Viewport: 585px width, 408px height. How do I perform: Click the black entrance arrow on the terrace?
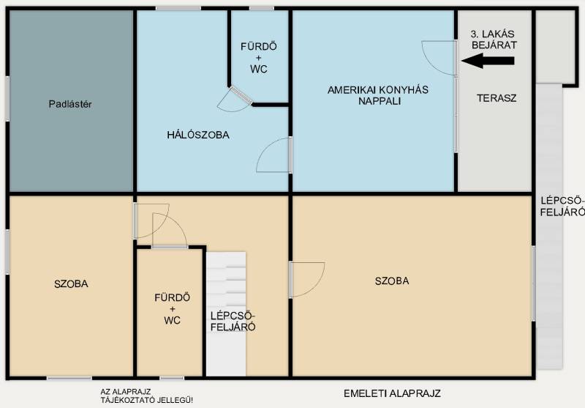[488, 61]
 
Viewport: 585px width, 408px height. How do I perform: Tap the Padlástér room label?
[70, 104]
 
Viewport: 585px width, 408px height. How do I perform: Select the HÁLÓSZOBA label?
[198, 135]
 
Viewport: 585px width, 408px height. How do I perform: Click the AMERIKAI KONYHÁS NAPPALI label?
[378, 95]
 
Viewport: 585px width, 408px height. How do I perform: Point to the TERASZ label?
[497, 98]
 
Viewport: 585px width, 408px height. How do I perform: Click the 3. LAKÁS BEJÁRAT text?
[494, 40]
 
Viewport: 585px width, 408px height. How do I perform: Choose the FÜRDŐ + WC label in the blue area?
[259, 58]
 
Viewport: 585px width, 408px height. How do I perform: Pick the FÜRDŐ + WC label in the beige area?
[172, 309]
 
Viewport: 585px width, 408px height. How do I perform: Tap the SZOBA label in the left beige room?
[71, 284]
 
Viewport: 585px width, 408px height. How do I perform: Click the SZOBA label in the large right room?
[392, 281]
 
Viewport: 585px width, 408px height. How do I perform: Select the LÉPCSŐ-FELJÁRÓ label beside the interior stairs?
[233, 322]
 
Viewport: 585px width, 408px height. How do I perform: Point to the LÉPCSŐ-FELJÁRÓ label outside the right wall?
[562, 207]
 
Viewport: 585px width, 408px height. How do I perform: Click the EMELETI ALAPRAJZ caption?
[392, 393]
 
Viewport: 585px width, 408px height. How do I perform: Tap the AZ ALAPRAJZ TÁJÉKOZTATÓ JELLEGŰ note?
[147, 396]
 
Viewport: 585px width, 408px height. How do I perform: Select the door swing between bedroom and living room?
[273, 155]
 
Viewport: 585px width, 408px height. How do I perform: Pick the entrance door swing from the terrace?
[439, 58]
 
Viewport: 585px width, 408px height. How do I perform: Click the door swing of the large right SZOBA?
[307, 280]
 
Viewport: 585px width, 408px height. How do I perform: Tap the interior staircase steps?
[226, 314]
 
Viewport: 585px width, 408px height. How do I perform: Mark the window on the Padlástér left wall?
[7, 99]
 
